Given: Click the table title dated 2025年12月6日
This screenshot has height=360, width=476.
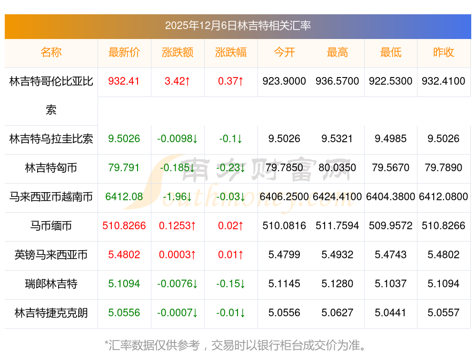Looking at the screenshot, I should click(x=238, y=26).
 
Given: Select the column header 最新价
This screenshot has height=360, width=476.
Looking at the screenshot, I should click(x=124, y=52).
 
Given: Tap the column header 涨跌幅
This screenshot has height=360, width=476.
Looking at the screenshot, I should click(x=231, y=52).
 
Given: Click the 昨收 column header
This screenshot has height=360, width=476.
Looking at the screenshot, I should click(x=444, y=52).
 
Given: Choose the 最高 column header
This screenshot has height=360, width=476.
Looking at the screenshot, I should click(x=337, y=52).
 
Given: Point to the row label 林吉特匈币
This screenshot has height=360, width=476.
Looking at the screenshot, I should click(x=51, y=167).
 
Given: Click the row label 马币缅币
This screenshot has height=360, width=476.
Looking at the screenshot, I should click(x=51, y=225).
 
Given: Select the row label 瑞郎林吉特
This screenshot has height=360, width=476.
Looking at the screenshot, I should click(x=51, y=284).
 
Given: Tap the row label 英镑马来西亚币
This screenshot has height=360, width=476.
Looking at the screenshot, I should click(x=51, y=255).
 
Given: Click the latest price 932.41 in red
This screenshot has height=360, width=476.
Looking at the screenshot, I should click(x=124, y=81).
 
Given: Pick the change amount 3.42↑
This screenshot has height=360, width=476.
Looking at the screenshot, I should click(x=177, y=81).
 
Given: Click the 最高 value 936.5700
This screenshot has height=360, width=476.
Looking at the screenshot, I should click(x=337, y=81).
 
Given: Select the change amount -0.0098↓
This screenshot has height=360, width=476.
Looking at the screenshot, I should click(x=177, y=139).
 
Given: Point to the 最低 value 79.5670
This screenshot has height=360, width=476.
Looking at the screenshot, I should click(x=390, y=167).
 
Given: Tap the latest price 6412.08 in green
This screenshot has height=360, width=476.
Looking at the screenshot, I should click(x=124, y=196).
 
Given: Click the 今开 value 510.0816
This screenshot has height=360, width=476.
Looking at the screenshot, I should click(x=284, y=225).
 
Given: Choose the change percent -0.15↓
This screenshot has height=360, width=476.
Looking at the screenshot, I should click(x=231, y=284).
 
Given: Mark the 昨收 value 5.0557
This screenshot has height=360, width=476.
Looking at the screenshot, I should click(x=444, y=313).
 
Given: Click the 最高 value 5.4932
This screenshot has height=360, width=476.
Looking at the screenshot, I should click(x=337, y=255).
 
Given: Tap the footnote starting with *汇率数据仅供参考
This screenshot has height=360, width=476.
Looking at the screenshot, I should click(x=236, y=345).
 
